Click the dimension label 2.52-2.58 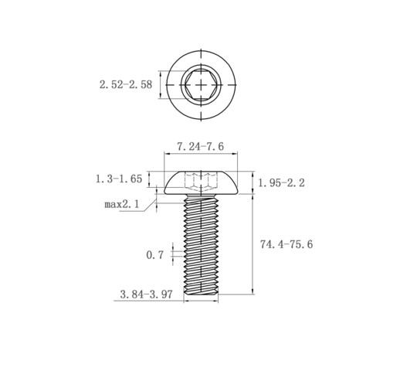126,85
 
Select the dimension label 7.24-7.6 201,147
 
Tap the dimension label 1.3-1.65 119,179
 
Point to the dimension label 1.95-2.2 281,183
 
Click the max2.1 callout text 122,204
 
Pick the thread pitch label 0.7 154,255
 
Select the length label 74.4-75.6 286,244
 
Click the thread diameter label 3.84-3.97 146,295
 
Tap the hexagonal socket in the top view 201,85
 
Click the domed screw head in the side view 201,183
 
